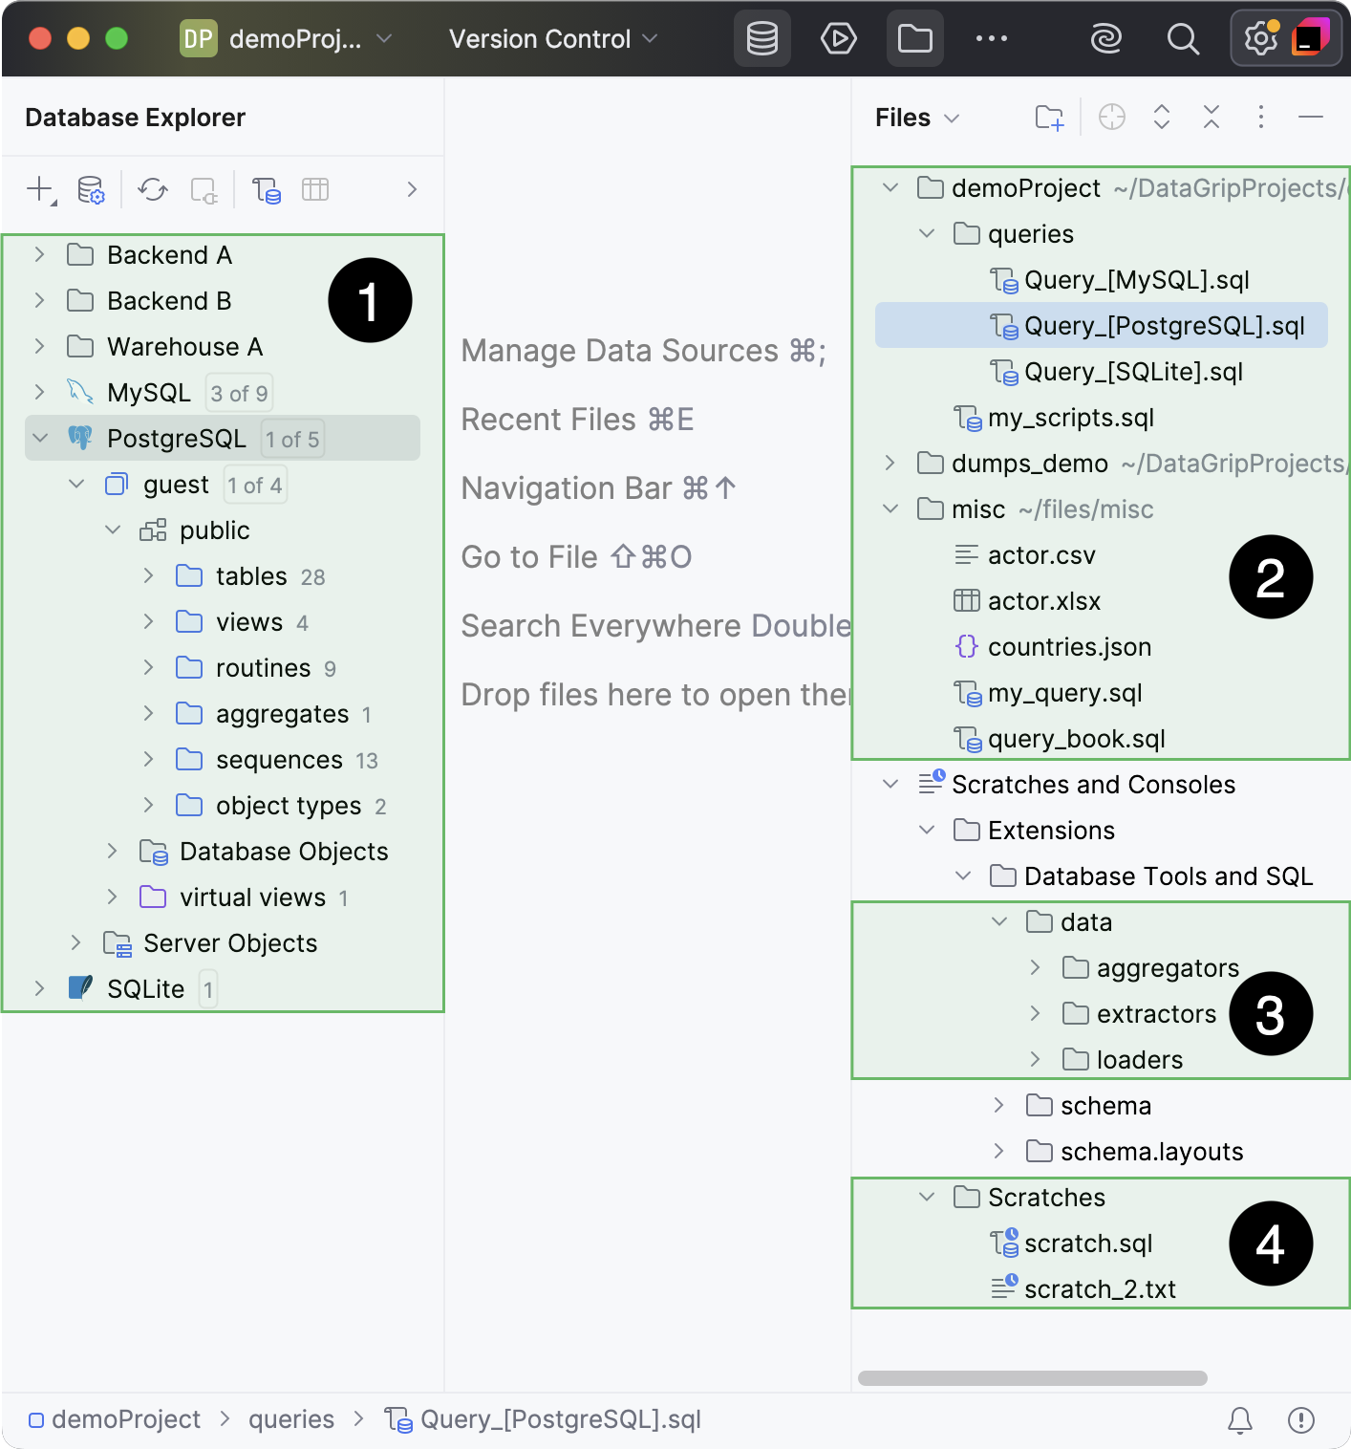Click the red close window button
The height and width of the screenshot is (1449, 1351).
(x=40, y=38)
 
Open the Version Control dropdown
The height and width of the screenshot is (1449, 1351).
(x=552, y=39)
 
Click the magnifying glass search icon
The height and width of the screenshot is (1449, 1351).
(x=1183, y=39)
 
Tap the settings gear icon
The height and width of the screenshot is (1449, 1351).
(x=1260, y=39)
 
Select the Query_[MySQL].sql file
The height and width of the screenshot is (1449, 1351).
(x=1136, y=280)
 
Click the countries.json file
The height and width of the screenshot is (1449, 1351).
(x=1068, y=647)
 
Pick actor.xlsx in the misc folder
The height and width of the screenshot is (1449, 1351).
(x=1043, y=601)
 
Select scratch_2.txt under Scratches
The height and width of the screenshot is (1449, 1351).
(x=1099, y=1289)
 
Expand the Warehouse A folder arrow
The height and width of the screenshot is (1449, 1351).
(x=39, y=346)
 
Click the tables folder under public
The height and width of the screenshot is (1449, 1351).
(x=250, y=576)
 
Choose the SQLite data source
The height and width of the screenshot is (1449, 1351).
(x=145, y=988)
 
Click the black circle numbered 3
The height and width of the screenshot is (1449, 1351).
(x=1270, y=1014)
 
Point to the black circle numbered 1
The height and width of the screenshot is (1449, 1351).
(x=370, y=300)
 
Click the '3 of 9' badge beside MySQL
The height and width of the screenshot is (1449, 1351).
(x=239, y=393)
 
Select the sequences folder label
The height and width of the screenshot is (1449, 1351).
(x=278, y=760)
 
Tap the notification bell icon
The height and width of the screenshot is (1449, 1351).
(x=1239, y=1420)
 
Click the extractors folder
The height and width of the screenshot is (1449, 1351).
(x=1155, y=1014)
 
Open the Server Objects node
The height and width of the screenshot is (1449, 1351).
(x=229, y=943)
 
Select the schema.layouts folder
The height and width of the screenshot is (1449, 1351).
(x=1150, y=1152)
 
